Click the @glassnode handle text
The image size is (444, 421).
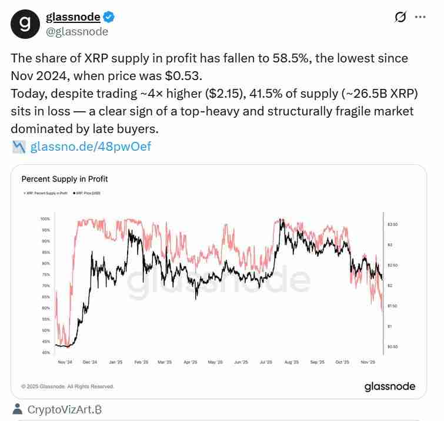[77, 32]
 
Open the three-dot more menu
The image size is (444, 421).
[420, 17]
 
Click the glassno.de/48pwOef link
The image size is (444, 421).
[91, 147]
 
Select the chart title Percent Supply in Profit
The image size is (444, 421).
[65, 179]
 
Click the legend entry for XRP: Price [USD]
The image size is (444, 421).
[87, 193]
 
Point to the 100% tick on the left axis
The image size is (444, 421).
[45, 218]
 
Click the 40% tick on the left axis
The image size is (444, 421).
[45, 353]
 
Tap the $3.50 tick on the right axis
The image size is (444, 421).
[393, 224]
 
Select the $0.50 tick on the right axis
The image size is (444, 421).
[393, 347]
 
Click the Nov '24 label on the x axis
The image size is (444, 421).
[65, 362]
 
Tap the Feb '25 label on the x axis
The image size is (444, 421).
[142, 362]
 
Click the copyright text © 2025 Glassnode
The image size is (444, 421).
[68, 387]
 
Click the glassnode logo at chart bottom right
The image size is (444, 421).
[390, 387]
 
